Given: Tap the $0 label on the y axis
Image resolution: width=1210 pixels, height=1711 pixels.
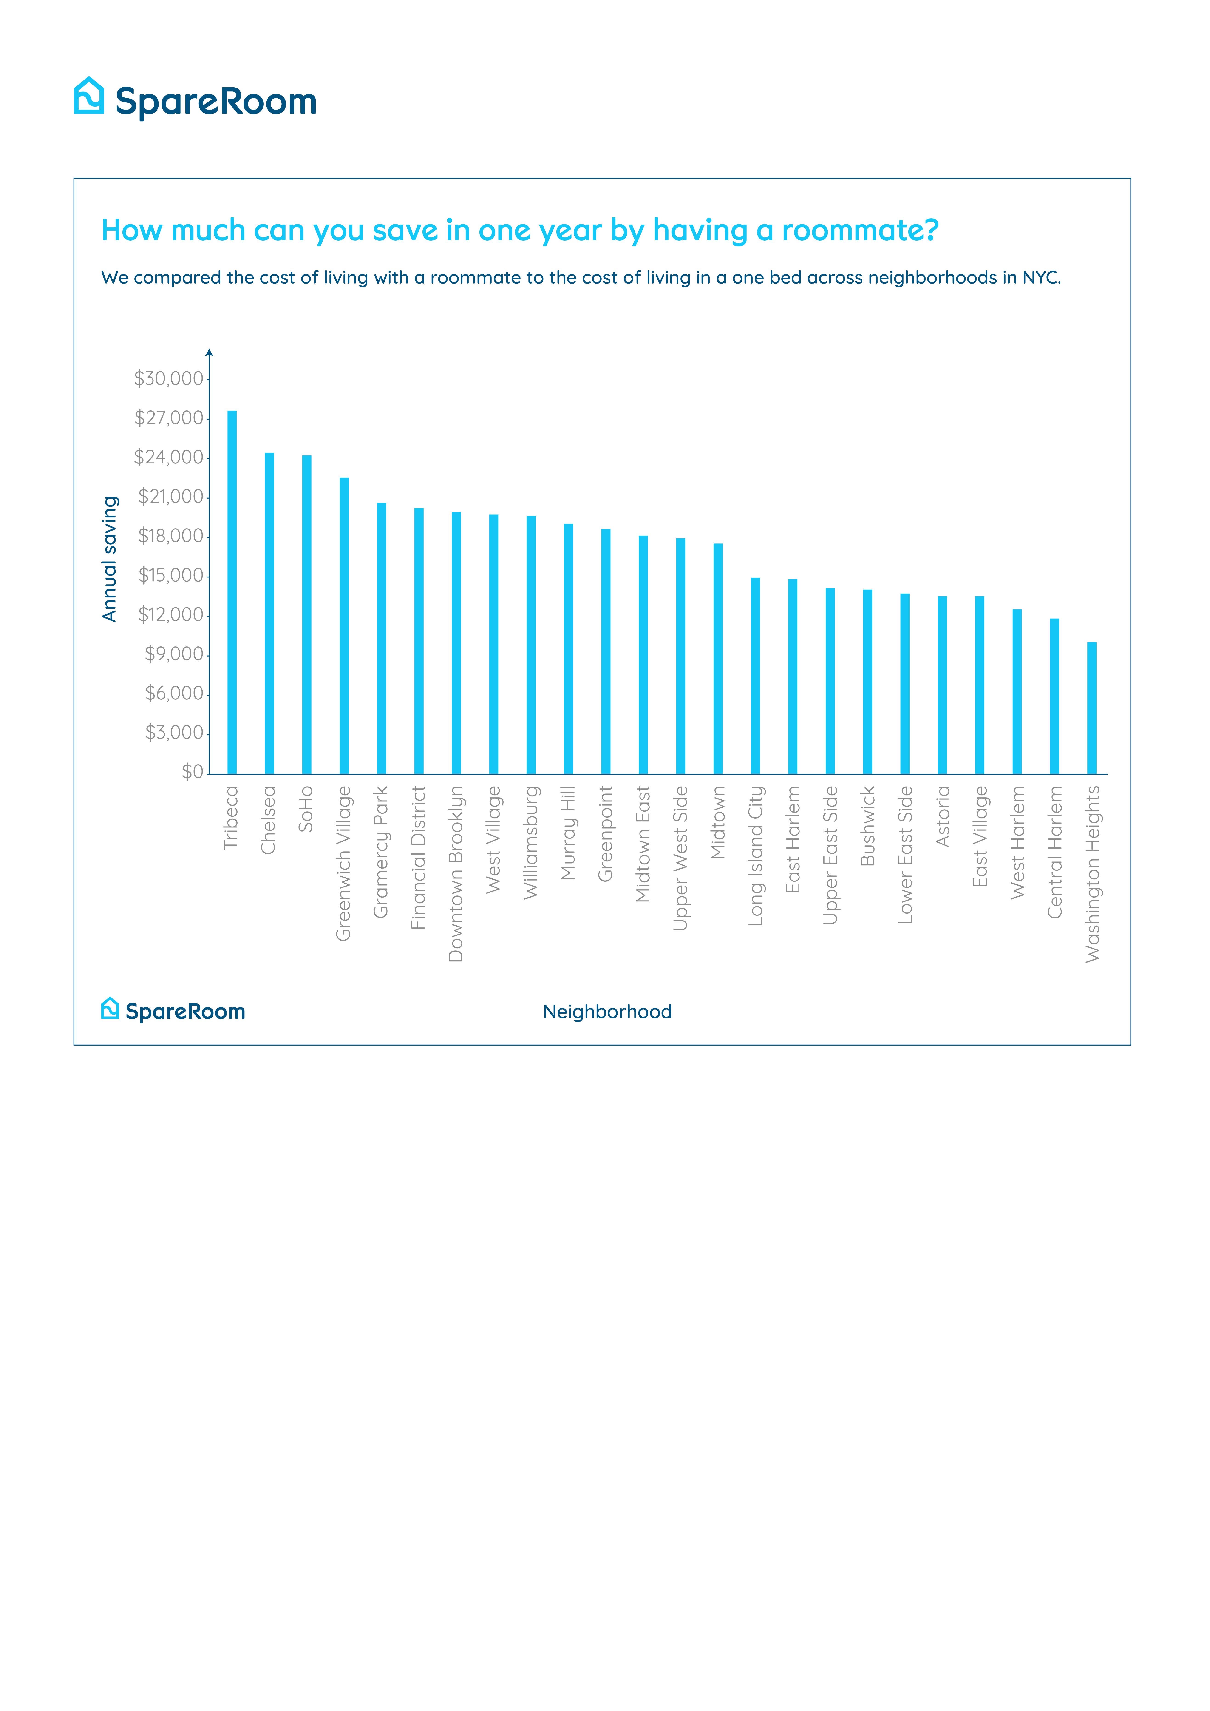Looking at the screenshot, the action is pos(192,772).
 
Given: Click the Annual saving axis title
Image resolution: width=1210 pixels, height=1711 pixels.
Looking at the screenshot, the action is pos(110,559).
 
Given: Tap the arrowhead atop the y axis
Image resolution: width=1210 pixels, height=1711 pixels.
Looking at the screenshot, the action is pos(209,352).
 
